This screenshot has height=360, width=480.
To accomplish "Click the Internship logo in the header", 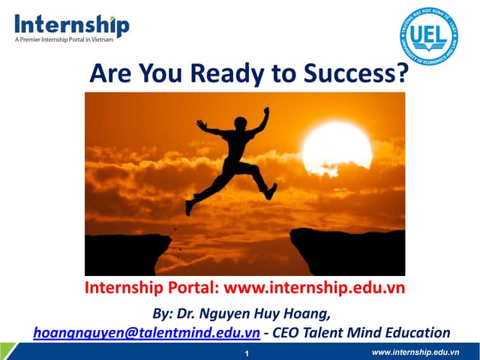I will tap(71, 25).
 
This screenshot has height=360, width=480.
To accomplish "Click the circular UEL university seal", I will tap(429, 36).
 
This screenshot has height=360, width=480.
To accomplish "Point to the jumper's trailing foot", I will tap(190, 206).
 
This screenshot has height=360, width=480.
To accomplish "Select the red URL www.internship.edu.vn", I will tap(315, 288).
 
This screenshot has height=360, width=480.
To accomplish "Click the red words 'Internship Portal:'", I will tap(152, 288).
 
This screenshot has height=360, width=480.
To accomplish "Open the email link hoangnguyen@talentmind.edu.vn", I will tap(147, 332).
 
